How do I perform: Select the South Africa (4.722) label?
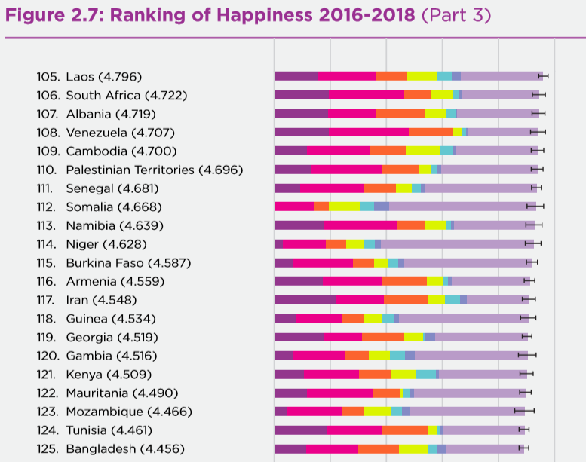coord(126,95)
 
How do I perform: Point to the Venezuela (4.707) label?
coord(121,133)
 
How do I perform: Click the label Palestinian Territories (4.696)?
coord(154,170)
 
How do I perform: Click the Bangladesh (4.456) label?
coord(124,449)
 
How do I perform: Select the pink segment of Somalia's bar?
coord(294,207)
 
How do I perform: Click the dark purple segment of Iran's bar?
coord(305,300)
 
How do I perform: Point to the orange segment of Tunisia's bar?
coord(405,430)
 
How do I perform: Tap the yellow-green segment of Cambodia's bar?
coord(422,151)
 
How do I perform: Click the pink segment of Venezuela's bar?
coord(368,133)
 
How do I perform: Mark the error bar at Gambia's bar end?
coord(527,356)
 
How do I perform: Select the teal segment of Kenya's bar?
coord(425,375)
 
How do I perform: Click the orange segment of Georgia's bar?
coord(383,337)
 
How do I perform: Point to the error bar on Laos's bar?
coord(543,76)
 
